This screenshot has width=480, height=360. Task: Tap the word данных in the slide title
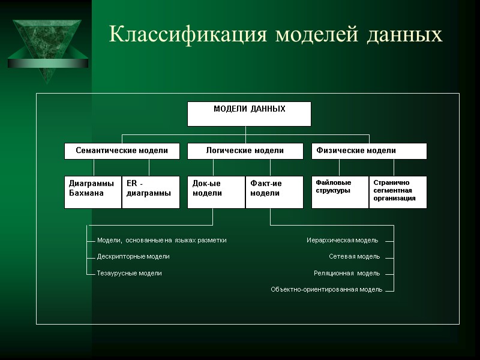[403, 34]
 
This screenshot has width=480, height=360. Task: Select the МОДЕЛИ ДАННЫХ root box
[249, 114]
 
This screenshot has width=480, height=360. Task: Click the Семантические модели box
[122, 151]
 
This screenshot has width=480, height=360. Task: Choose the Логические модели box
[245, 151]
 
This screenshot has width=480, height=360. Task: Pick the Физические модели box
[369, 151]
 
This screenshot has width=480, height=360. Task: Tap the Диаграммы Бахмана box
[93, 192]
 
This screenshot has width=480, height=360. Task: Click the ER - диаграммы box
[151, 192]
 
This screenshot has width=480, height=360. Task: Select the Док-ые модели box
[216, 192]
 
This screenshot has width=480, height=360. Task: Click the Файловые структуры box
[340, 192]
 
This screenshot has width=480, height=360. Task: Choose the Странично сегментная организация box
[398, 192]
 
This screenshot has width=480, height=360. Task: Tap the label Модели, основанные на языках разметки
[162, 240]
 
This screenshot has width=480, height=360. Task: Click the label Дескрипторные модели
[133, 256]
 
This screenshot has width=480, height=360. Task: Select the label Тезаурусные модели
[130, 273]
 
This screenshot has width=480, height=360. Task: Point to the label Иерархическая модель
[343, 240]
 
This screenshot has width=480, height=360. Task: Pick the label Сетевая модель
[354, 256]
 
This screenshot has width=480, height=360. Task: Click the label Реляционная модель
[347, 273]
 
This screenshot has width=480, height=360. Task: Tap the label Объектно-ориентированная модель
[326, 289]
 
